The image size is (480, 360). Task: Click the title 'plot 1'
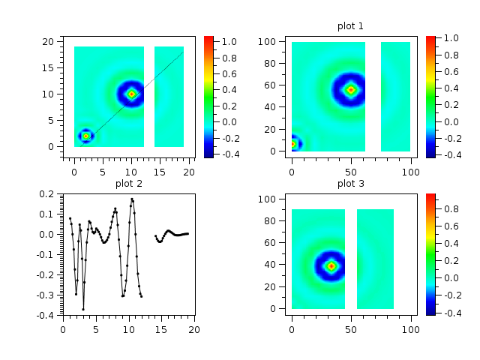point(350,26)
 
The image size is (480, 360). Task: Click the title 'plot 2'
point(129,183)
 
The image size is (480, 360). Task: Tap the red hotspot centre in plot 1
point(350,90)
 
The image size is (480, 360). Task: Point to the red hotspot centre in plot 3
point(331,265)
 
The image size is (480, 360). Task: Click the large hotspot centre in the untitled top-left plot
point(131,94)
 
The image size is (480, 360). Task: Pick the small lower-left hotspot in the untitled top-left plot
point(85,136)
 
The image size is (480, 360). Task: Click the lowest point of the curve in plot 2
point(83,309)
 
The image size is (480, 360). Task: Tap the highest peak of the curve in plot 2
point(132,199)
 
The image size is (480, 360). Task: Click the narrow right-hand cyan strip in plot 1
point(395,96)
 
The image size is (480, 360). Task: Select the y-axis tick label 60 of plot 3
point(274,241)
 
